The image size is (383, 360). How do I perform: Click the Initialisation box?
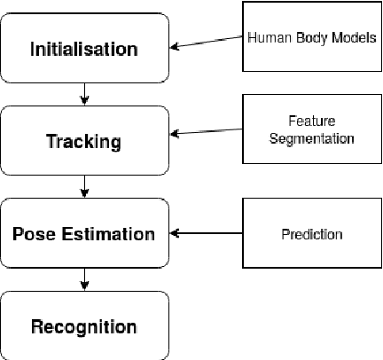point(85,48)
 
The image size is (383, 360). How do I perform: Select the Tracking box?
point(85,141)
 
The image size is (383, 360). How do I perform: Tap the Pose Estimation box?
point(85,234)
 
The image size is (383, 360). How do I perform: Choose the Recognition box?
point(85,326)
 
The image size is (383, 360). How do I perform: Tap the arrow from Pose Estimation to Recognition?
point(85,279)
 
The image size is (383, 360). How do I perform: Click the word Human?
point(264,39)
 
